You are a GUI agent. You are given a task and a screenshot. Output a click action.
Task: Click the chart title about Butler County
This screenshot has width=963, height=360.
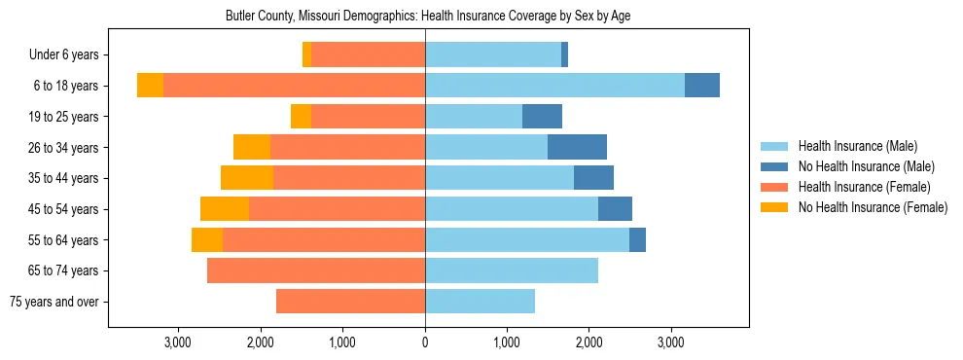[x=428, y=17]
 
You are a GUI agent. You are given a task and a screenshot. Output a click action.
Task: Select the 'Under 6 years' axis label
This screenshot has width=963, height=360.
[x=69, y=55]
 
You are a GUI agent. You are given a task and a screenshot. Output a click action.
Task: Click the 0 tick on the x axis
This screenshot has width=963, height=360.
[x=425, y=342]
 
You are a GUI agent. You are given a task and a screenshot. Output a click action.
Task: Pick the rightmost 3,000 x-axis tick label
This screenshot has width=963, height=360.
[x=671, y=342]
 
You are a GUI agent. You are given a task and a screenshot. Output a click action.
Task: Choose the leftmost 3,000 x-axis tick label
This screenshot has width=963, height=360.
[x=178, y=342]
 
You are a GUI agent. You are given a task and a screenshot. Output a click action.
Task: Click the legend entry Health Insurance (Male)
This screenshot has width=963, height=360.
[x=857, y=146]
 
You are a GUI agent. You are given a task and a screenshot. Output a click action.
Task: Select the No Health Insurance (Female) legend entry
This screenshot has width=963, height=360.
[x=873, y=207]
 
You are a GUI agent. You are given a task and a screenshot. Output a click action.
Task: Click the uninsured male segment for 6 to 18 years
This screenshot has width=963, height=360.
[x=702, y=86]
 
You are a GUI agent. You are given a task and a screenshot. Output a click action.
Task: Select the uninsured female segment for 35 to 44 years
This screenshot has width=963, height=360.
[x=247, y=178]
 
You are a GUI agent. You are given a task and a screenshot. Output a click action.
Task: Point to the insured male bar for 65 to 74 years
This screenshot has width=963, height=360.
[x=512, y=270]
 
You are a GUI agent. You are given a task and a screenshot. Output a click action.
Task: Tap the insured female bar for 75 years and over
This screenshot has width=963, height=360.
[x=350, y=302]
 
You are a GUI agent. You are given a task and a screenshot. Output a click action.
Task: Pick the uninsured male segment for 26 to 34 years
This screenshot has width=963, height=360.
[x=577, y=147]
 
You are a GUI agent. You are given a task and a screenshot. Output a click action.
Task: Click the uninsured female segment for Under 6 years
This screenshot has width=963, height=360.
[x=306, y=55]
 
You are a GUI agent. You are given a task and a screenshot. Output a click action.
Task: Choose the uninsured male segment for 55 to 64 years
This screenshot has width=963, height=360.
[x=637, y=239]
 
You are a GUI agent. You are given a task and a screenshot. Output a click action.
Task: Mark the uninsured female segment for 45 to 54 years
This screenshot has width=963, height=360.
[x=225, y=209]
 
